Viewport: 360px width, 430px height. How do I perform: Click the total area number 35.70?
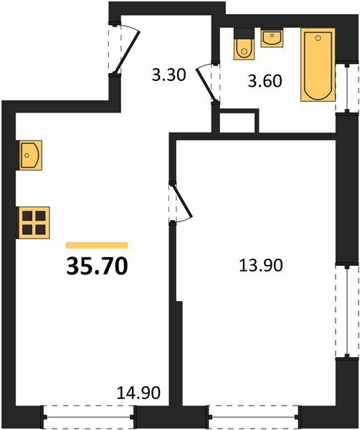pyautogui.click(x=97, y=266)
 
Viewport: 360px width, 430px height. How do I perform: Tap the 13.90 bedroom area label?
pyautogui.click(x=260, y=265)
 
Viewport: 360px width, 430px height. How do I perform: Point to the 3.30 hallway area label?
pyautogui.click(x=169, y=75)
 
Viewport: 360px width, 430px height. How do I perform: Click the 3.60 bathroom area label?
pyautogui.click(x=265, y=81)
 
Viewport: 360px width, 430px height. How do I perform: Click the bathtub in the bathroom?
pyautogui.click(x=318, y=65)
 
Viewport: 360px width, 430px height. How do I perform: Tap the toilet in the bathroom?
pyautogui.click(x=244, y=44)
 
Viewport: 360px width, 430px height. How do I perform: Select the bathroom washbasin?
pyautogui.click(x=272, y=38)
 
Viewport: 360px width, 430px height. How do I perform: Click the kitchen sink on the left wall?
pyautogui.click(x=29, y=156)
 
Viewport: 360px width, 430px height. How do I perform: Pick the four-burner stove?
pyautogui.click(x=34, y=222)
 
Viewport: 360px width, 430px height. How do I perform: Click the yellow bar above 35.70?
pyautogui.click(x=97, y=245)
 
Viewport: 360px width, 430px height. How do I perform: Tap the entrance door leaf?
pyautogui.click(x=128, y=52)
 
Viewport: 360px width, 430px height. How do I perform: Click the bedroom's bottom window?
pyautogui.click(x=254, y=417)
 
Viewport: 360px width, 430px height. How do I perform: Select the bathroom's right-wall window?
pyautogui.click(x=347, y=88)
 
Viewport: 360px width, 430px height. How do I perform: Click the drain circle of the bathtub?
pyautogui.click(x=318, y=38)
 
